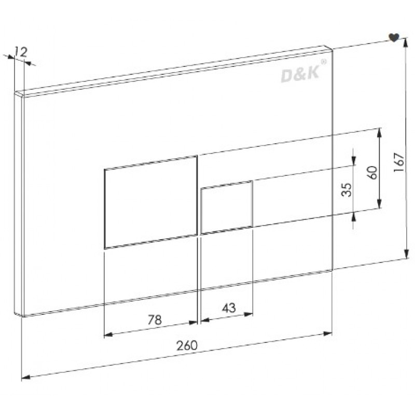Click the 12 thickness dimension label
point(21,52)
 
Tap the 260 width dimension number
point(187,345)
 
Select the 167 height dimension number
point(399,162)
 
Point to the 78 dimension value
point(155,320)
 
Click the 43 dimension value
point(229,308)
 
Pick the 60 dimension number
point(372,173)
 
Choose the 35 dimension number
point(347,190)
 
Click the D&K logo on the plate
point(300,74)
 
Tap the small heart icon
point(394,37)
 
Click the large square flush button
point(151,202)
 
